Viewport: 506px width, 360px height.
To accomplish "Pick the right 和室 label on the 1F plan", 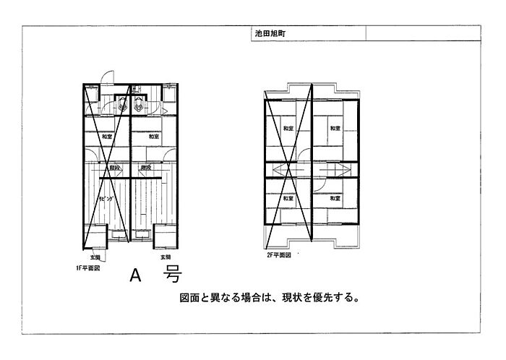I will [153, 137].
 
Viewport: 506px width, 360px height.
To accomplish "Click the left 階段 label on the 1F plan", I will [114, 169].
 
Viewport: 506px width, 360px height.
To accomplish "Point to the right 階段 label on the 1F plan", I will [145, 169].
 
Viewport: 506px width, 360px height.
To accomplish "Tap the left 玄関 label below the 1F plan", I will [95, 257].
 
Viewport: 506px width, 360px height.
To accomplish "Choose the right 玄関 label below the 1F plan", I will [164, 257].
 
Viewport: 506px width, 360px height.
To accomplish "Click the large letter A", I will [134, 275].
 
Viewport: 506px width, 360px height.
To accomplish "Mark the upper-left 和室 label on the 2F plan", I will [288, 129].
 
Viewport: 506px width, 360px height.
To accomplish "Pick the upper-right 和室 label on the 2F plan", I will [335, 129].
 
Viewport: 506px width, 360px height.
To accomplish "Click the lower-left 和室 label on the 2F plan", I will [288, 197].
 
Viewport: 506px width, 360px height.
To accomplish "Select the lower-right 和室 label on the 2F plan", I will [335, 197].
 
